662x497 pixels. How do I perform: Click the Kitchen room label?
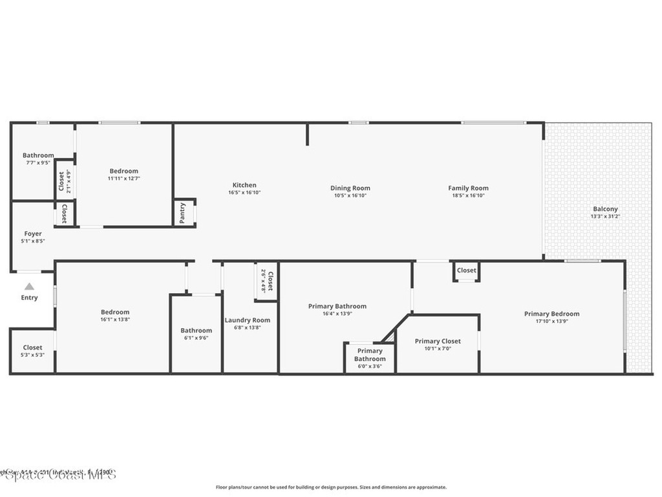(244, 185)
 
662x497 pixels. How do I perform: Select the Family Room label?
(468, 188)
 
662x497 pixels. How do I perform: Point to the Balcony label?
(605, 209)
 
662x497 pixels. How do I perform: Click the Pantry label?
(182, 213)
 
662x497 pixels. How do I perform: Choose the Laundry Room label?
(248, 320)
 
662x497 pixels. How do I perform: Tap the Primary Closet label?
(437, 341)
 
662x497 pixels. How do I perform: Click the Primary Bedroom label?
(551, 314)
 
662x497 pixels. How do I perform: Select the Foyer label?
(33, 234)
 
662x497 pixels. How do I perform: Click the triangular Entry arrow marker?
(29, 286)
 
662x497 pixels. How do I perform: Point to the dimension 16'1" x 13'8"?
(115, 320)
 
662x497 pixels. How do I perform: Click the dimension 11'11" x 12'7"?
(124, 178)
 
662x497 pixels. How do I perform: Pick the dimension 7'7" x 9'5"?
(38, 162)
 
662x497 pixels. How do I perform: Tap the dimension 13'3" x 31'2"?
(605, 217)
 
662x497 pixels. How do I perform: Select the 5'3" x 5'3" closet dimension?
(33, 355)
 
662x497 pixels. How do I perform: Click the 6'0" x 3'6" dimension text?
(370, 366)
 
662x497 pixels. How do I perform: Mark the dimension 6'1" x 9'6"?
(196, 338)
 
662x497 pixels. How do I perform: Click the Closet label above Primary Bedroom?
(466, 271)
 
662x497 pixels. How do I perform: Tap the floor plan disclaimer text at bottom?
(330, 487)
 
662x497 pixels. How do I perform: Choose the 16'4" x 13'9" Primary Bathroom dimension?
(337, 314)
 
